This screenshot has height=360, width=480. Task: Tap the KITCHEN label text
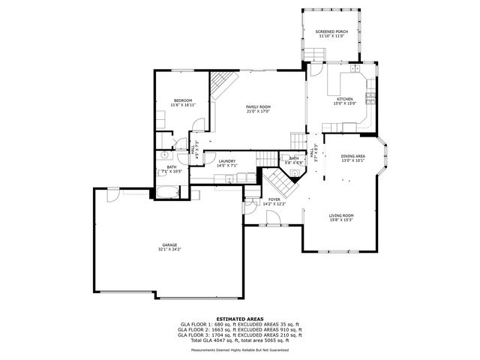(x=344, y=99)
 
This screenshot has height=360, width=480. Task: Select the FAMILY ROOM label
(x=258, y=106)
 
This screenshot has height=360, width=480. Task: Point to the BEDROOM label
(x=183, y=100)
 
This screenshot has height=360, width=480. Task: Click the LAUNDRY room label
(x=227, y=160)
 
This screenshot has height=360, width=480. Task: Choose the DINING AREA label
(x=352, y=156)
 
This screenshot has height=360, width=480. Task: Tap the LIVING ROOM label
(x=341, y=215)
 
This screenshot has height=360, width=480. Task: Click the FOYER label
(x=274, y=199)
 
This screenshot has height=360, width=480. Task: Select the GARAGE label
(x=170, y=244)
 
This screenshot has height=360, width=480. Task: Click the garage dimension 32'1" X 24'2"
(x=170, y=249)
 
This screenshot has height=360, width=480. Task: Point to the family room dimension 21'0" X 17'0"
(x=258, y=111)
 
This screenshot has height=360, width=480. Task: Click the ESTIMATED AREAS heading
(x=240, y=318)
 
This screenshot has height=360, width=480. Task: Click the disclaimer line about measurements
(x=240, y=349)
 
